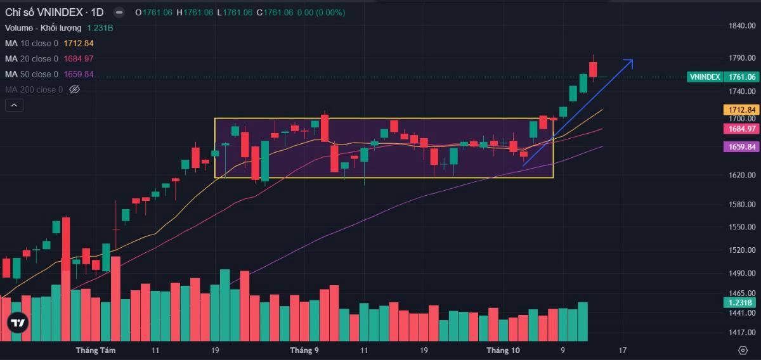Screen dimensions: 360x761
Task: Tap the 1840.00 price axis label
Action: (742, 25)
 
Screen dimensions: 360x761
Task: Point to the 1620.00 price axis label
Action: (742, 175)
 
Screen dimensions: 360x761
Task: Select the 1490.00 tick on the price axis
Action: (742, 273)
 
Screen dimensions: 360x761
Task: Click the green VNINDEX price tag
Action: (705, 77)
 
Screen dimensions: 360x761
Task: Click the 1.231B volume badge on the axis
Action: (739, 302)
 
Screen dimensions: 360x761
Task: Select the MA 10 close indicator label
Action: (32, 43)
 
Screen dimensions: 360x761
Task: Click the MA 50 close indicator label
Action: (32, 74)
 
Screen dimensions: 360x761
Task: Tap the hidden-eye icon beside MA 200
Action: (74, 89)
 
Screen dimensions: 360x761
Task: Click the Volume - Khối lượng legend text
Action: (43, 28)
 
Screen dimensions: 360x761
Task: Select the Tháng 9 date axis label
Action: (304, 350)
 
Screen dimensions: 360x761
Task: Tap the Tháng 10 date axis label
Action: (503, 350)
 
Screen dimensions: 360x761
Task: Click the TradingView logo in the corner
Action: (18, 323)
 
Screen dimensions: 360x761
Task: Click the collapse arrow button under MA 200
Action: (14, 105)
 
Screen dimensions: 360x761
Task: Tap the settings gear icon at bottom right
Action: (743, 350)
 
